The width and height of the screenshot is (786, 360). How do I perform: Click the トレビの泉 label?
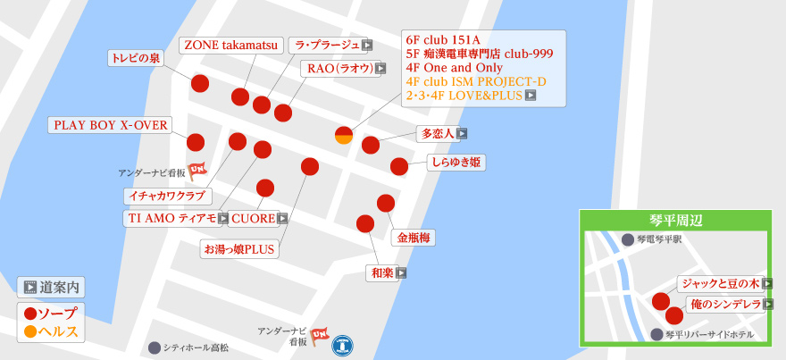click(x=136, y=58)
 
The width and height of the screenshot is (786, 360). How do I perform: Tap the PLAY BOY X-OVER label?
click(x=111, y=125)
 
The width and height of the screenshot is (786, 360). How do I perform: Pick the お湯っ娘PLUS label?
click(x=239, y=248)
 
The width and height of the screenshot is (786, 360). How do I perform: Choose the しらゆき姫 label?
click(x=456, y=163)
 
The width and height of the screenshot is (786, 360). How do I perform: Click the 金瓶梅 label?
click(x=414, y=238)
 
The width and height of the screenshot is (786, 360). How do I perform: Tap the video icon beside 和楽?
click(x=401, y=273)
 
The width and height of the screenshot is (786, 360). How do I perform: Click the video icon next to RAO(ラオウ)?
click(x=380, y=68)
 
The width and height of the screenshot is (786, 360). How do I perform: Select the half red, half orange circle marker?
click(x=344, y=136)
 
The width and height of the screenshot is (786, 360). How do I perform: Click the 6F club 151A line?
click(x=443, y=40)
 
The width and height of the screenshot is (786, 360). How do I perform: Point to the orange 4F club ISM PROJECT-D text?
click(x=475, y=81)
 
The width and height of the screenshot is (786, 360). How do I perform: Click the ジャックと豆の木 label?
click(x=720, y=283)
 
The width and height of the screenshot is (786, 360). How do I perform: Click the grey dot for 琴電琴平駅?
click(x=628, y=240)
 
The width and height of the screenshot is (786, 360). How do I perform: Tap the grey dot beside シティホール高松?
click(x=155, y=347)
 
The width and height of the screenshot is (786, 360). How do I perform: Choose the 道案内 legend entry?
click(x=52, y=288)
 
